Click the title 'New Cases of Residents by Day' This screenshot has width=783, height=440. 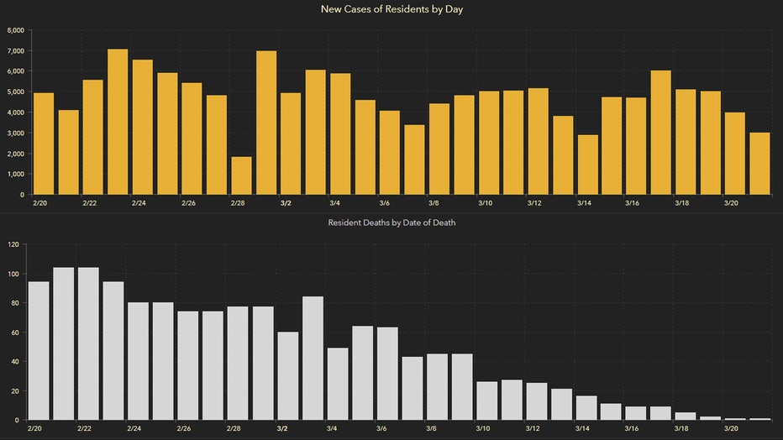pyautogui.click(x=391, y=9)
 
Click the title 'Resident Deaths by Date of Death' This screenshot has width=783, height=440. pyautogui.click(x=391, y=223)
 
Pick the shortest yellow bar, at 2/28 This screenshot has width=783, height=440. pyautogui.click(x=241, y=175)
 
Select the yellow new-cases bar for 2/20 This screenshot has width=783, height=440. pyautogui.click(x=44, y=144)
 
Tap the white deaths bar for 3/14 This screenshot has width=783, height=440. pyautogui.click(x=586, y=408)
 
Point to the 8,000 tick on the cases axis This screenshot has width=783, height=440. pyautogui.click(x=15, y=30)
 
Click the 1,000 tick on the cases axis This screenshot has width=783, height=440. pyautogui.click(x=15, y=174)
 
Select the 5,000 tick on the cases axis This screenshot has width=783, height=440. pyautogui.click(x=15, y=92)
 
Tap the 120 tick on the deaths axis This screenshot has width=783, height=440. pyautogui.click(x=13, y=244)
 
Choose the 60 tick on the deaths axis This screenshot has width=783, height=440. pyautogui.click(x=14, y=333)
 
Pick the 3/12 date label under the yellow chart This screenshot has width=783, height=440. pyautogui.click(x=534, y=203)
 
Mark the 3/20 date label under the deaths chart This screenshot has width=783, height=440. pyautogui.click(x=731, y=428)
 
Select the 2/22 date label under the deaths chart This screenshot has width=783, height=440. pyautogui.click(x=86, y=428)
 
